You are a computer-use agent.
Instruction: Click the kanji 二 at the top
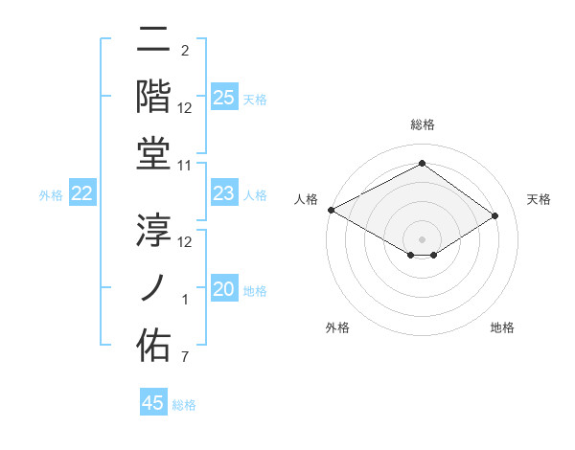pos(153,42)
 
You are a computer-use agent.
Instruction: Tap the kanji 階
pos(153,98)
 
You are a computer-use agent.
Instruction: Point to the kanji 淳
pos(153,230)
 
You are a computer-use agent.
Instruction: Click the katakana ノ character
pos(153,286)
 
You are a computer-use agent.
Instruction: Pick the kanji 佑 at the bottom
pos(153,344)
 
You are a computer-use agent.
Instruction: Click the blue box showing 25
pos(224,97)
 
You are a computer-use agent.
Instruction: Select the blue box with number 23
pos(224,194)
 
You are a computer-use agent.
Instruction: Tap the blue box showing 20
pos(224,290)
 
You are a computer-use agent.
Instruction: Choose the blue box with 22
pos(82,194)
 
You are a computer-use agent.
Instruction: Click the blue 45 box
pos(153,403)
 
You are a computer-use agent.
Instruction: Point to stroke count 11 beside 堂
pos(186,167)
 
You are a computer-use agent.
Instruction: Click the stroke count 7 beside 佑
pos(186,358)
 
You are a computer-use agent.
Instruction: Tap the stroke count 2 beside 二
pos(185,51)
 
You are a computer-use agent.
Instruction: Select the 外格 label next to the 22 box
pos(51,195)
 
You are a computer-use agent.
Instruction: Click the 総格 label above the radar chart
pos(422,124)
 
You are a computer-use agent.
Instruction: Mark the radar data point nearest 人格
pos(331,210)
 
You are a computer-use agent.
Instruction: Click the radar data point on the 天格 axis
pos(495,215)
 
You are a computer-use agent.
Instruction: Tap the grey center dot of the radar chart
pos(422,238)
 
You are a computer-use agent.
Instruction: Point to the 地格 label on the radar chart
pos(502,327)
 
